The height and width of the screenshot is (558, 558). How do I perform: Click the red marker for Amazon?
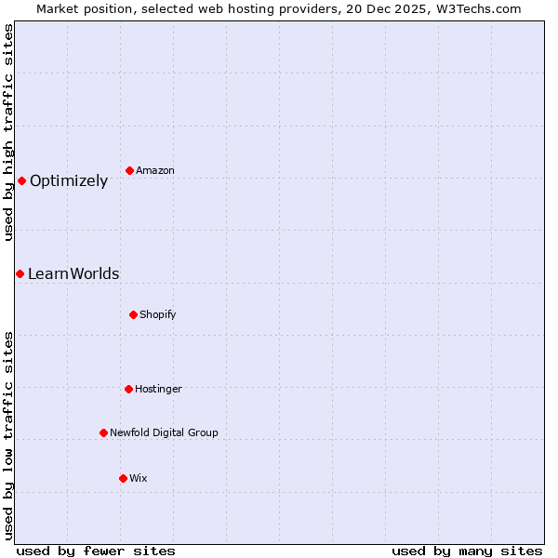129,170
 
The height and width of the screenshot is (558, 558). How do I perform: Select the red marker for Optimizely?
21,180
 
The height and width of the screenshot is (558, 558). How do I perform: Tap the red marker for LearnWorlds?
20,273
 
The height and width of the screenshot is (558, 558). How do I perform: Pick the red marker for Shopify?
133,314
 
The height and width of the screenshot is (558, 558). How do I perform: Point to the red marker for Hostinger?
128,389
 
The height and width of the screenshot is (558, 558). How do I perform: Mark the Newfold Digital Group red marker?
103,432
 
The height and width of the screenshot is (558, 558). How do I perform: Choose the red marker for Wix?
123,478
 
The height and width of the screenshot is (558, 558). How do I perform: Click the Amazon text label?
155,171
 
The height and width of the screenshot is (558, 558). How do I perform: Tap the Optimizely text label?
69,181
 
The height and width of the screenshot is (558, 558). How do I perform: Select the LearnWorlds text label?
73,274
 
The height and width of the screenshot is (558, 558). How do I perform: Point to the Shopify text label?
158,315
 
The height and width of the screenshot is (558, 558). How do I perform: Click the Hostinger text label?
158,390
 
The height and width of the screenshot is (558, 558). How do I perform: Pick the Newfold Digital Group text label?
164,433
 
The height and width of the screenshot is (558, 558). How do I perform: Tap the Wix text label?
139,479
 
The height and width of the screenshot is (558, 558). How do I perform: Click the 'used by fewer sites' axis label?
96,551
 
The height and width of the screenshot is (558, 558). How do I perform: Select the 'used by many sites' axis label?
467,551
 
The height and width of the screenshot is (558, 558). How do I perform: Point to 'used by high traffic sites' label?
8,132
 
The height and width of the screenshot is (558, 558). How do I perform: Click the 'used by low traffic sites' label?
8,435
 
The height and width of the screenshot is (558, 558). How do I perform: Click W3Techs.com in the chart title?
480,8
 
